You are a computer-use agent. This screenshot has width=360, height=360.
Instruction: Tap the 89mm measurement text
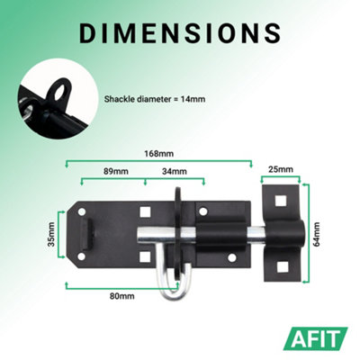(x=113, y=172)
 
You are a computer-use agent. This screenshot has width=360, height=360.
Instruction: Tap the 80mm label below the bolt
(x=122, y=295)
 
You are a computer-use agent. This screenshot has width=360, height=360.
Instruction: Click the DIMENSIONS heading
(x=180, y=32)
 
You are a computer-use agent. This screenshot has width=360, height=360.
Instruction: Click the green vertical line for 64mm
(x=305, y=233)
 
